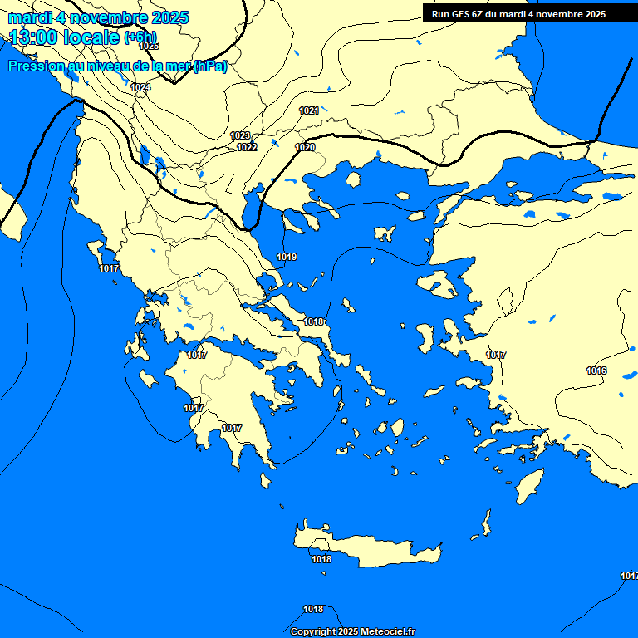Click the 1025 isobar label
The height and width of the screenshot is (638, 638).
[149, 46]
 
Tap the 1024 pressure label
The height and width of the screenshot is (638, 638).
[141, 87]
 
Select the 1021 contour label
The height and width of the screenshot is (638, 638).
[309, 110]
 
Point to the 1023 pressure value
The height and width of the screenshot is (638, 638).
[240, 135]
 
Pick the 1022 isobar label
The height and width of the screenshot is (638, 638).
[247, 147]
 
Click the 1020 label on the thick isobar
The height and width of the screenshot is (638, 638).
[305, 147]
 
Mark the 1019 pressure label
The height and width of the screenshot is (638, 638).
[287, 257]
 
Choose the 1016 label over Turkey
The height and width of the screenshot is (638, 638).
[596, 371]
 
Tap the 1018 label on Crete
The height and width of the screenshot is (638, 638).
[321, 559]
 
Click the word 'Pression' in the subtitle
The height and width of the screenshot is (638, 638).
[33, 66]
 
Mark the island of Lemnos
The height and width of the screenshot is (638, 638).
[385, 233]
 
